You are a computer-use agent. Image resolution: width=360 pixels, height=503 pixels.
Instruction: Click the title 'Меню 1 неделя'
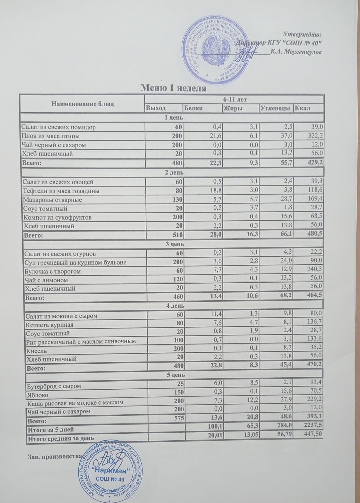[x=174, y=88]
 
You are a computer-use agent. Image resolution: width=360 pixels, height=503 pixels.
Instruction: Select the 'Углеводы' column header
[x=276, y=108]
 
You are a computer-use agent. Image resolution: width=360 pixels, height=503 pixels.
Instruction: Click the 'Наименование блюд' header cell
[x=83, y=104]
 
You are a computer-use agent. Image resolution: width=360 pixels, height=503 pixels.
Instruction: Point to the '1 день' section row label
[x=172, y=118]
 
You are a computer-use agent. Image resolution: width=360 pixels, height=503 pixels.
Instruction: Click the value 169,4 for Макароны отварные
[x=315, y=200]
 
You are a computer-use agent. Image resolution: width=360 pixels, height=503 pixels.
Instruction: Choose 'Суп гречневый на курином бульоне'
[x=75, y=262]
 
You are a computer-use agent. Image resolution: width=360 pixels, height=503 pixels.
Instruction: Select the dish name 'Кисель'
[x=37, y=351]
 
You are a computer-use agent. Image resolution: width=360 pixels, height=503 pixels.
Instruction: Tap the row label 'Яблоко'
[x=38, y=395]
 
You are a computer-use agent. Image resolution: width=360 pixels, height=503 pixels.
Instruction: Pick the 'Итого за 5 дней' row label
[x=53, y=429]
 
